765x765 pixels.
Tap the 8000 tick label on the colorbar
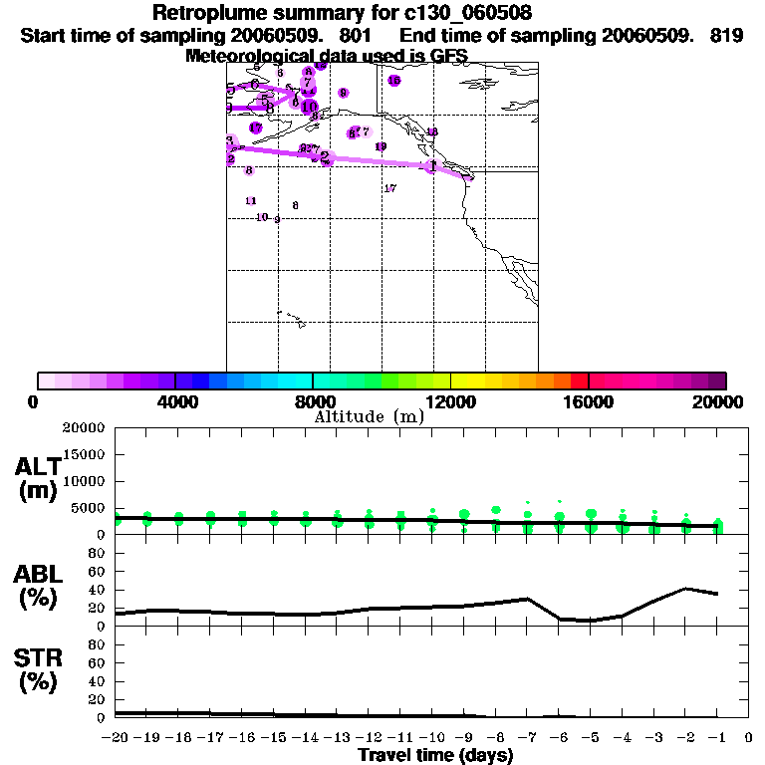click(313, 401)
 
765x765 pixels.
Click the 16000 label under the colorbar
click(589, 401)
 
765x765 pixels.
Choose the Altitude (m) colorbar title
click(369, 416)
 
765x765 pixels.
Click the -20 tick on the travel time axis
click(116, 737)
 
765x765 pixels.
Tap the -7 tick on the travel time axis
click(527, 737)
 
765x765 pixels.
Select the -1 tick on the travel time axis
click(717, 737)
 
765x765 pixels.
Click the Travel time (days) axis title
click(435, 756)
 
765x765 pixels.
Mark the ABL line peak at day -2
click(686, 589)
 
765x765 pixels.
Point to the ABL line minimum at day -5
click(591, 621)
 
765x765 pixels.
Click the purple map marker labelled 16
click(394, 81)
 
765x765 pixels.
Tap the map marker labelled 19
click(381, 146)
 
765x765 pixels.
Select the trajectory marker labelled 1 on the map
click(431, 165)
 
